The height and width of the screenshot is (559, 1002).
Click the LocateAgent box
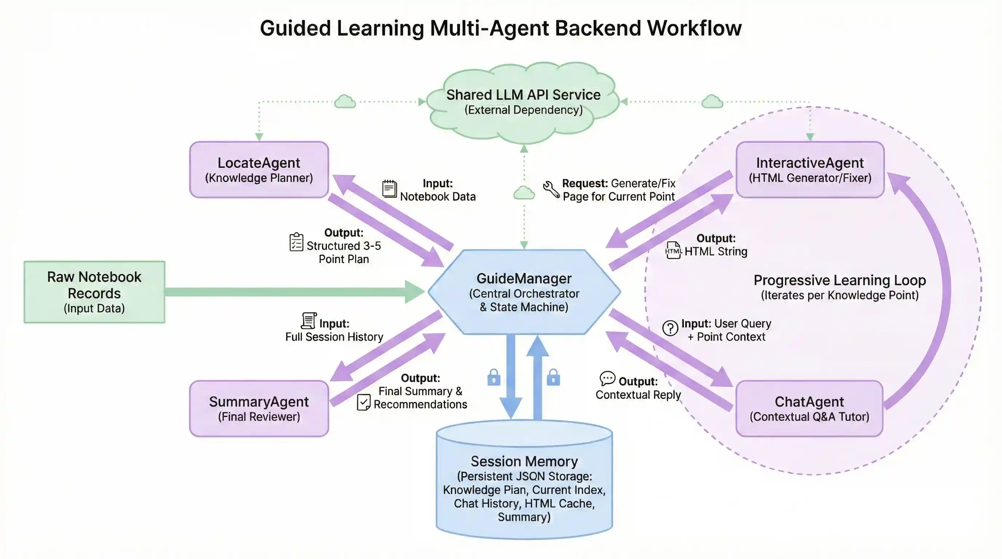point(259,170)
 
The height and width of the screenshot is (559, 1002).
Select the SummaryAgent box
point(259,408)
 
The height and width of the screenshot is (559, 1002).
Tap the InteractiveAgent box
point(810,170)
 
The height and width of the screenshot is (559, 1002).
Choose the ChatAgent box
point(809,408)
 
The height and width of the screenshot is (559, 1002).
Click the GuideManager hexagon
point(524,292)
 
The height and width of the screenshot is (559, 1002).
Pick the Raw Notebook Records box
point(94,292)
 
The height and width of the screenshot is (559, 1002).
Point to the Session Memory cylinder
point(524,482)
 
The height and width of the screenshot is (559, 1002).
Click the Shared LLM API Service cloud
point(523,102)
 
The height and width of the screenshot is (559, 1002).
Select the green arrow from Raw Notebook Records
point(292,292)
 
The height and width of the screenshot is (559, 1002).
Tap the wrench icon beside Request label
point(551,189)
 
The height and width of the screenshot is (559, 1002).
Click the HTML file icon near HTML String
point(673,250)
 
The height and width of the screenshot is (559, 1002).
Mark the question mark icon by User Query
point(670,328)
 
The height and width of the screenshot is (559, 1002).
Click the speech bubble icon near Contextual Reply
point(607,378)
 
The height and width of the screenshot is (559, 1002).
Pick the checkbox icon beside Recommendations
point(363,403)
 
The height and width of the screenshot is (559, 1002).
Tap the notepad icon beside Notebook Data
point(389,189)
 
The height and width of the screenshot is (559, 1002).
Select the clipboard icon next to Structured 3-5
point(296,242)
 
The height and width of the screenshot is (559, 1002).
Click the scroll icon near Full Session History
point(308,321)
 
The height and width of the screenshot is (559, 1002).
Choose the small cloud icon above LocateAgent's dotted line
point(345,102)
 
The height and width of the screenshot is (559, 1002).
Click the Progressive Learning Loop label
point(839,280)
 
